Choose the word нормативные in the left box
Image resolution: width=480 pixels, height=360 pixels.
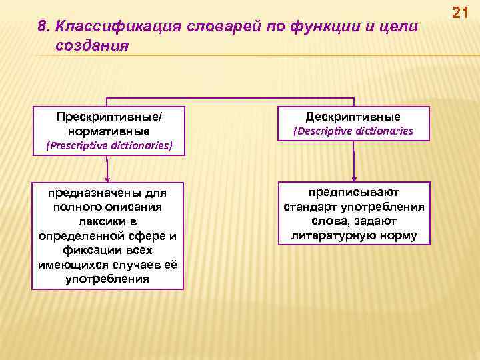[109, 131]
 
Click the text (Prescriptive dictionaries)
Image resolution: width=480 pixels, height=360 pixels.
[109, 145]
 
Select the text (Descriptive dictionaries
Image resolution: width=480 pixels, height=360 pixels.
[353, 131]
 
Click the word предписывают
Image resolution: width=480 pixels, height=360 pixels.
[354, 192]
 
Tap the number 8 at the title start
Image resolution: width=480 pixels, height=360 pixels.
[42, 27]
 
